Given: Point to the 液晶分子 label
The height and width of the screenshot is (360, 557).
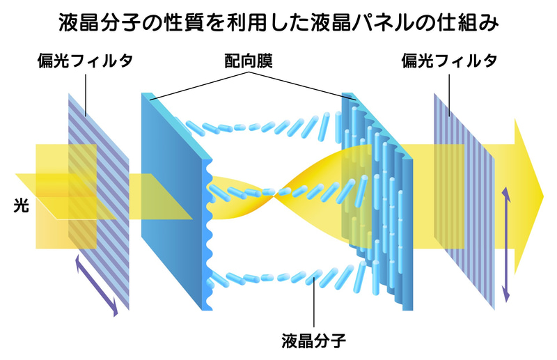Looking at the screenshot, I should pos(314,341).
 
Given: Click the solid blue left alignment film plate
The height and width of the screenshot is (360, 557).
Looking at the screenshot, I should pos(171,202).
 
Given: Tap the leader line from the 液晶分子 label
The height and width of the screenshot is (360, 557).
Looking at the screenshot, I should pos(314,306).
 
